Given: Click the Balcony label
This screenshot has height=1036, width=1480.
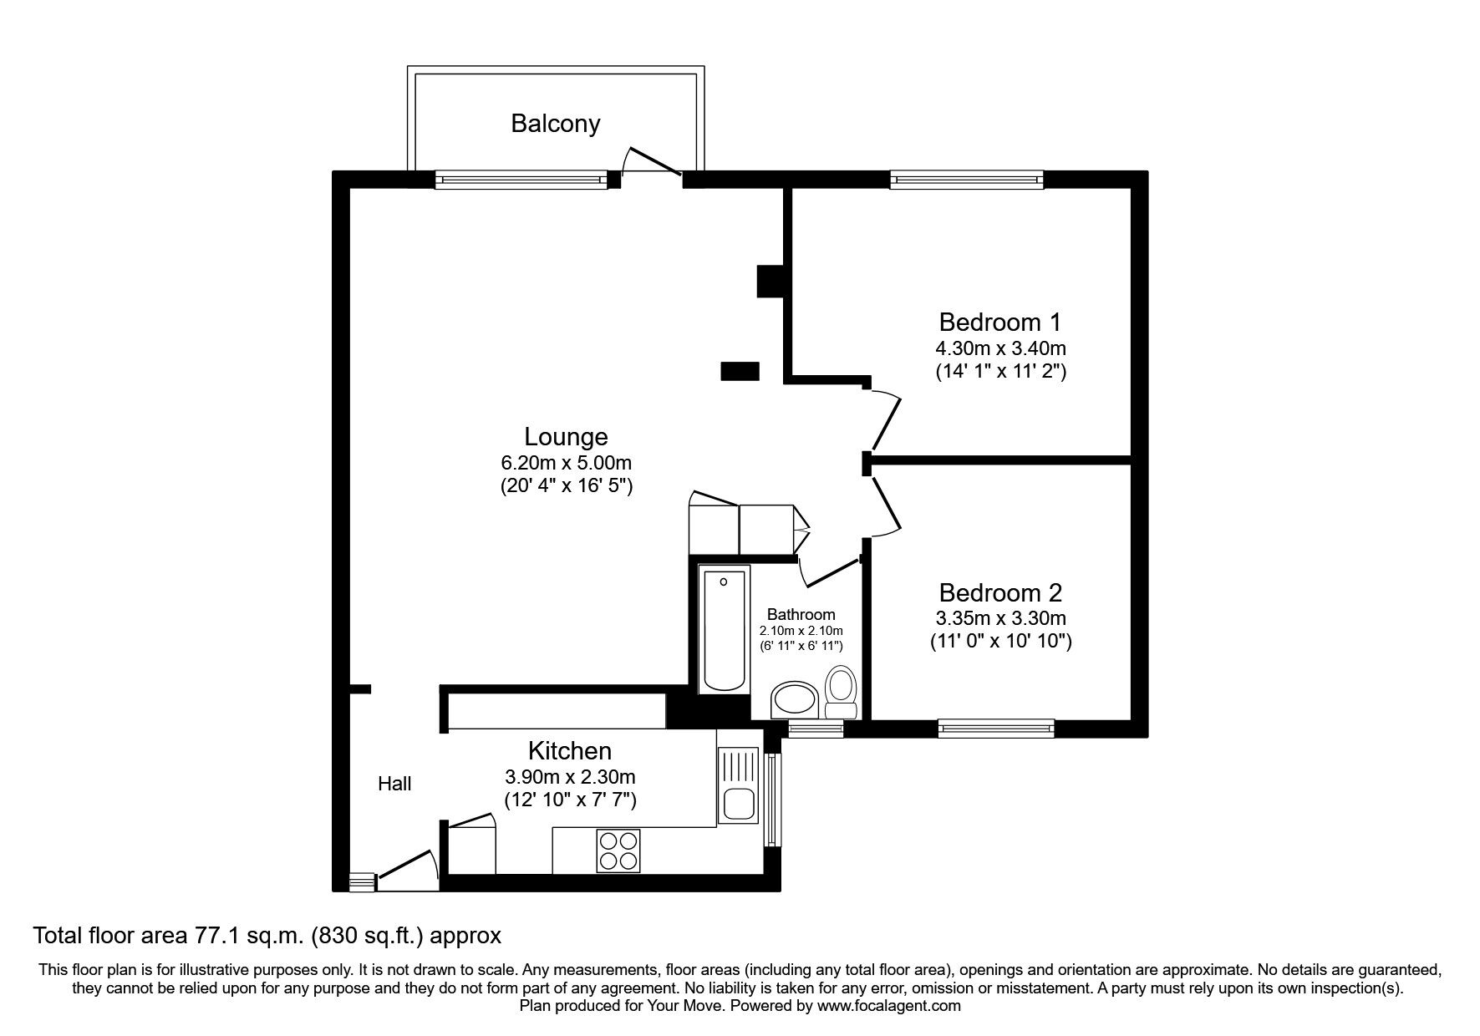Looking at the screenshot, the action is click(556, 124).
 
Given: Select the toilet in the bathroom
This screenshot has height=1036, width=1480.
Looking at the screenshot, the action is click(840, 693).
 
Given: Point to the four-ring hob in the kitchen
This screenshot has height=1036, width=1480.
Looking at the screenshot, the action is click(618, 851).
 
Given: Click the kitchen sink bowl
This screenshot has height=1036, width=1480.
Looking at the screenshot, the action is click(739, 803).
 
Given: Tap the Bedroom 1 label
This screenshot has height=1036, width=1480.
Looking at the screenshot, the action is click(1000, 322).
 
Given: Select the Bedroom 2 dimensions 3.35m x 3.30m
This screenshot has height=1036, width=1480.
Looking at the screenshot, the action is click(1000, 619).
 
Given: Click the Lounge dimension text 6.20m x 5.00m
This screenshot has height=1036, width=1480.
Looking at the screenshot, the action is click(566, 463).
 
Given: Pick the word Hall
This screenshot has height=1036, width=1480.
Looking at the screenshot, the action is click(394, 784).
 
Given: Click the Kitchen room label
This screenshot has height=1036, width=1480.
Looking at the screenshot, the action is click(570, 750).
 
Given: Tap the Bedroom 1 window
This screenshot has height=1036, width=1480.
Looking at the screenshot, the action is click(967, 179).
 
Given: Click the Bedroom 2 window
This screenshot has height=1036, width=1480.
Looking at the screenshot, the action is click(996, 729).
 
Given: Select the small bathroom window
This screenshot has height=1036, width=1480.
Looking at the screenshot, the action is click(816, 729).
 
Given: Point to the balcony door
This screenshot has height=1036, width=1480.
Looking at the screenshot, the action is click(654, 162).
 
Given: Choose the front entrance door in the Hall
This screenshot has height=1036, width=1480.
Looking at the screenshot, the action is click(408, 871).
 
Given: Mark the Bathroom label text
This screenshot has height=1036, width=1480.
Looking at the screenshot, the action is click(801, 614).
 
